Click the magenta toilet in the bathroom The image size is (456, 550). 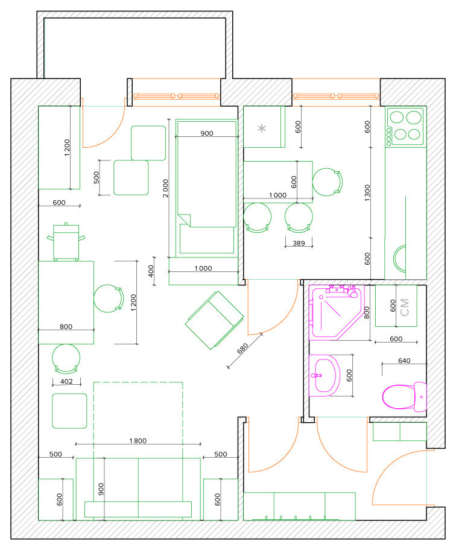404,397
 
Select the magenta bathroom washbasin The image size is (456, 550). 325,375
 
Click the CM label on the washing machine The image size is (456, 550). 405,308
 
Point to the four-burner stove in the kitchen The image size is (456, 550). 405,127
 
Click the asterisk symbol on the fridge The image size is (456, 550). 262,128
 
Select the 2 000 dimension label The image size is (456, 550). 165,188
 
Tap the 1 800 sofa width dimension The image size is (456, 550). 138,441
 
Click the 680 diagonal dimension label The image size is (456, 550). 242,349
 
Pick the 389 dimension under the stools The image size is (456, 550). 299,243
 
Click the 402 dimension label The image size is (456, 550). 66,381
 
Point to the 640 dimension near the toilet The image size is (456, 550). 404,361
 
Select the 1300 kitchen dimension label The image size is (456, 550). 367,193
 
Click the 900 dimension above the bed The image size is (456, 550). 207,133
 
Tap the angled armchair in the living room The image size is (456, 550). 214,320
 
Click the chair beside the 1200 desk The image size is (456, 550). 109,299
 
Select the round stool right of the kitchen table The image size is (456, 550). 328,182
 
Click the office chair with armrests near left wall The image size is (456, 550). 66,242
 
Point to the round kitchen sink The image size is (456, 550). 399,259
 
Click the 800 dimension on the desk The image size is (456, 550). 66,327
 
